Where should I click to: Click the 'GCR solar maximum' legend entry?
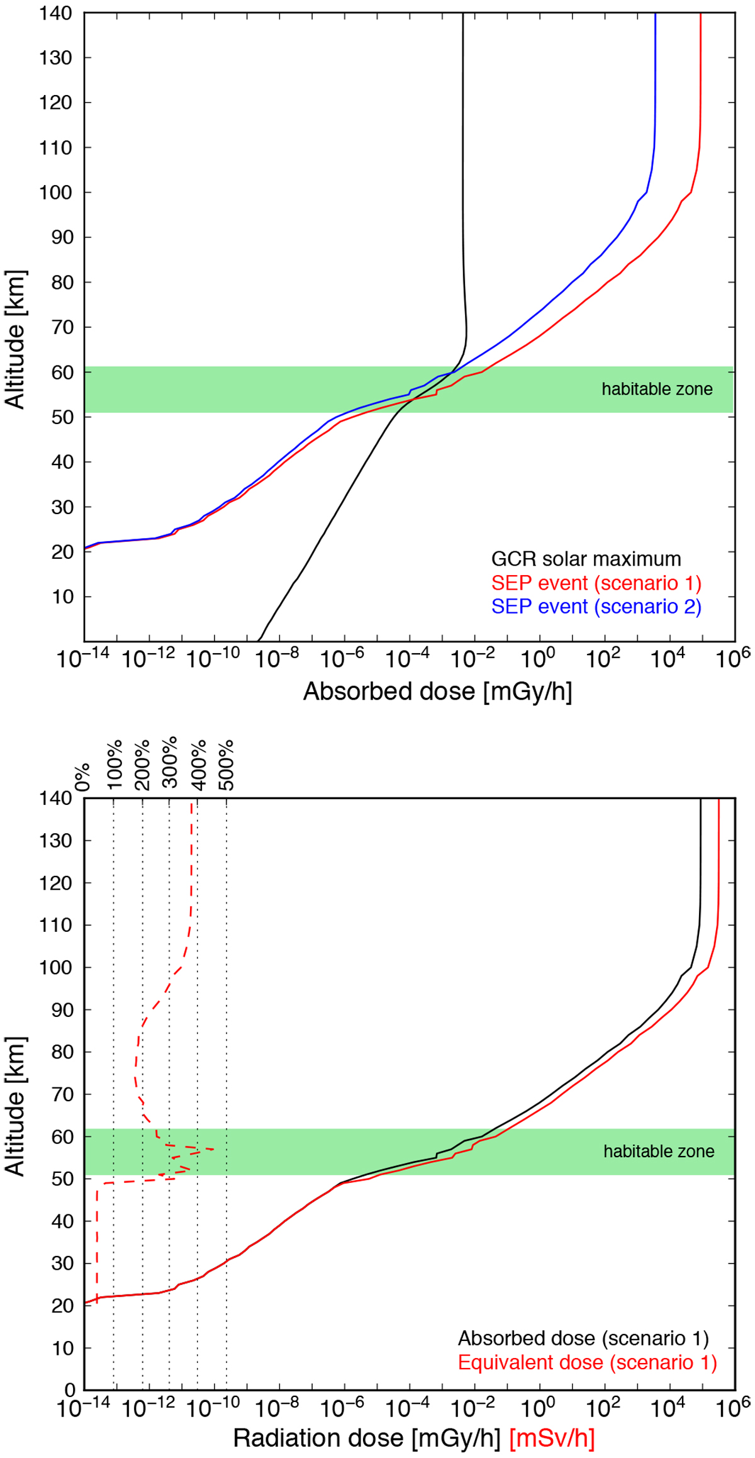point(586,559)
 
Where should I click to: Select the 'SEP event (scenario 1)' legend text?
point(596,583)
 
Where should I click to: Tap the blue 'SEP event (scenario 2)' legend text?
point(596,606)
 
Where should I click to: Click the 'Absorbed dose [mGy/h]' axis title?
point(437,692)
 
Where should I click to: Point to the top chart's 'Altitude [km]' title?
point(15,340)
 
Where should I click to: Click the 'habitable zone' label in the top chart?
point(657,389)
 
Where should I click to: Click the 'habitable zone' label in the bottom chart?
point(659,1151)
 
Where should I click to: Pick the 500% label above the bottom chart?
point(226,765)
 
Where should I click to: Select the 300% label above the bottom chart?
point(169,765)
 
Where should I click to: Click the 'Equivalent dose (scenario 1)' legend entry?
point(587,1362)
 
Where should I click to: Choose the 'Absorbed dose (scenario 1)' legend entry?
point(583,1338)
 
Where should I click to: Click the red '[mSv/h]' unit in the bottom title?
point(552,1438)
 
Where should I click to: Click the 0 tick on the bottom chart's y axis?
point(70,1390)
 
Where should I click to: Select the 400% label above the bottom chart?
point(198,765)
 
